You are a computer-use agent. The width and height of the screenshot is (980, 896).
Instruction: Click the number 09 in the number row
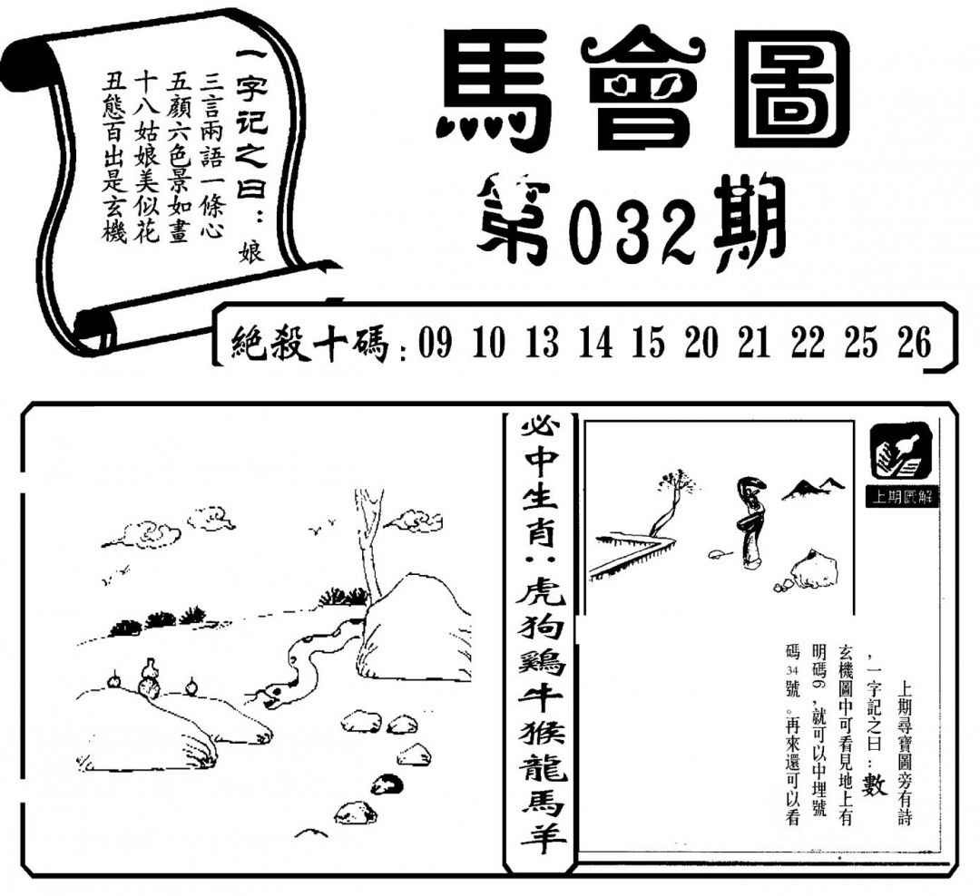click(x=435, y=343)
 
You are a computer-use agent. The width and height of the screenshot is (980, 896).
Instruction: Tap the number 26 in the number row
click(x=915, y=343)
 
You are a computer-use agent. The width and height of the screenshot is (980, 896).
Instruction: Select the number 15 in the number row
click(x=648, y=343)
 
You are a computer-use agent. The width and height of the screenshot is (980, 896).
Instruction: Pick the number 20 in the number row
click(x=701, y=343)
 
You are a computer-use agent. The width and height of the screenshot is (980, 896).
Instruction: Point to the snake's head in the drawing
click(x=276, y=694)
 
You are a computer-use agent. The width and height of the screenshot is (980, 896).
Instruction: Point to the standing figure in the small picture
click(x=750, y=523)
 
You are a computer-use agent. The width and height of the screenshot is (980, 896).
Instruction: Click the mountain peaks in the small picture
click(x=812, y=489)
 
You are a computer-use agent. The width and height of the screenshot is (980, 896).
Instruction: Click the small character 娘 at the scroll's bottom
click(x=252, y=251)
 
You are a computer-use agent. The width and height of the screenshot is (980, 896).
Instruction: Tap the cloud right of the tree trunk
click(x=413, y=520)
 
